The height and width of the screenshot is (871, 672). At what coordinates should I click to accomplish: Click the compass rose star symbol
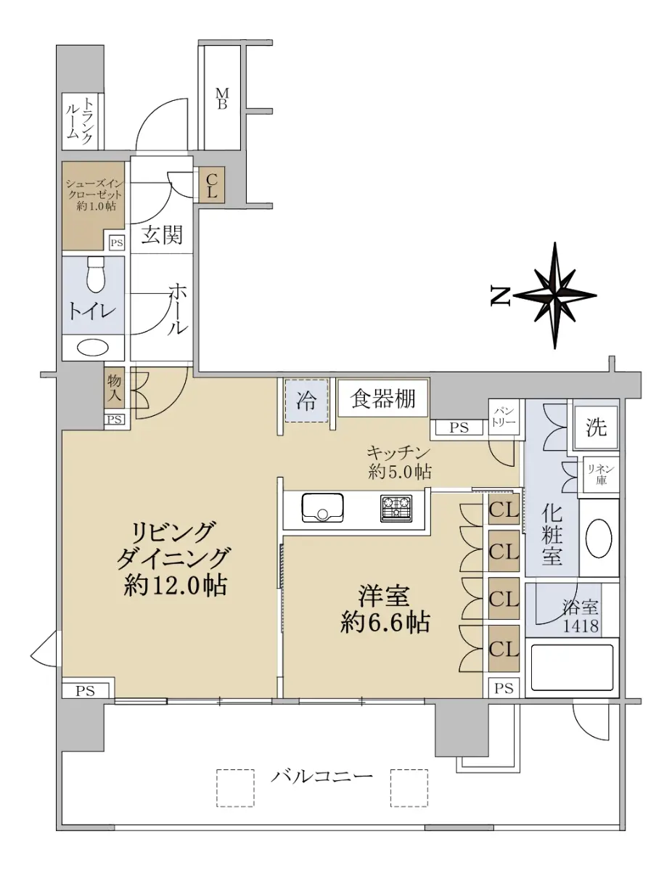554,295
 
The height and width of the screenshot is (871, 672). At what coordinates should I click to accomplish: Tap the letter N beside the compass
501,296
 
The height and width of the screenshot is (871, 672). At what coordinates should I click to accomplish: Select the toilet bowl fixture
95,274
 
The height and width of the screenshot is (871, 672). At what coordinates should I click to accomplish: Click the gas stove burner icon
396,509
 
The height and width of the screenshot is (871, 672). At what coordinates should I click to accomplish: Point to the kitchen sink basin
322,508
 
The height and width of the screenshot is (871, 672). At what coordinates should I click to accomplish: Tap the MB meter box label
222,99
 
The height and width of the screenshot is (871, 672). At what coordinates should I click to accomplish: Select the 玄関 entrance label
162,234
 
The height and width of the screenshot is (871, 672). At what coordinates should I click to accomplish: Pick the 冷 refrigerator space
306,401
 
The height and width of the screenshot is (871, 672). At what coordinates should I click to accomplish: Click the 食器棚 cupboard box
382,398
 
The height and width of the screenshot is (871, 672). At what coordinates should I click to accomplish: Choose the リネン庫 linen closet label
601,475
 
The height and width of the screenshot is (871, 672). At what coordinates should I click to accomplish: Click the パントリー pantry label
504,417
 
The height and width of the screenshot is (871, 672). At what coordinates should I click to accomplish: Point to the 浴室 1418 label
581,617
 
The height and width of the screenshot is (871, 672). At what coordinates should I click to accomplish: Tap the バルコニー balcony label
322,776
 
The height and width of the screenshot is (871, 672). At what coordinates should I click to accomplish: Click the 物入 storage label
114,388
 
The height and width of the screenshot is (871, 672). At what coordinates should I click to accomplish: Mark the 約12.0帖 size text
176,586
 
